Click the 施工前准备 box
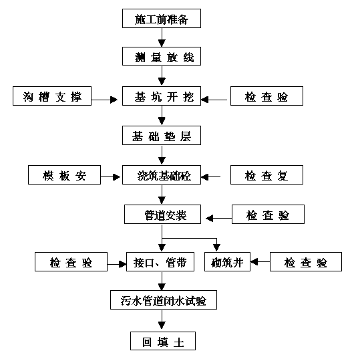[162, 19]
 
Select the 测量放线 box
[162, 56]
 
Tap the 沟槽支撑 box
[52, 96]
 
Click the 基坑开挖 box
[162, 96]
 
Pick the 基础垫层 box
[162, 135]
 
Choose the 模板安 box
[64, 174]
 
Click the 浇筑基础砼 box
[162, 174]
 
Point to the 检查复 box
[267, 174]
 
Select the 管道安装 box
[162, 214]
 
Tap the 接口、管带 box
[160, 261]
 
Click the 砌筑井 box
[227, 261]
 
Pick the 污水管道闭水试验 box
[164, 299]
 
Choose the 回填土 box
[163, 341]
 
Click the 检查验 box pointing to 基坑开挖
[267, 96]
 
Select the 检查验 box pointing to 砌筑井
[306, 261]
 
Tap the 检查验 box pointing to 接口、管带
[71, 261]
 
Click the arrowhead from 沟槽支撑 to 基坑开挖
[114, 100]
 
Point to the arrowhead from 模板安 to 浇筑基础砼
[117, 177]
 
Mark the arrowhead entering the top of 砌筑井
[216, 248]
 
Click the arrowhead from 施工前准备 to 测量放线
[162, 43]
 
